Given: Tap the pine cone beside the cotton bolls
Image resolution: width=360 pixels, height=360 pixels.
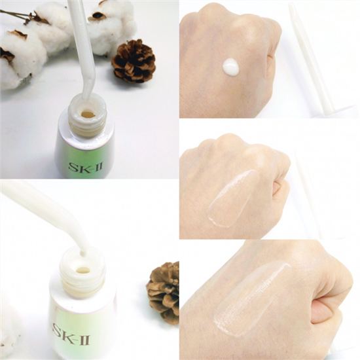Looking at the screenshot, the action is point(134,61).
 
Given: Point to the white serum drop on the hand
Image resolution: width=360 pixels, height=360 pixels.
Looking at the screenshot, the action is point(231,67).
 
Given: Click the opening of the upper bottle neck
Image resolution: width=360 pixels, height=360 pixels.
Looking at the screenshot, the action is point(88,113).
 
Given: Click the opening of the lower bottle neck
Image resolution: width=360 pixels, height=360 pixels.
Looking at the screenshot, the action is point(82,270).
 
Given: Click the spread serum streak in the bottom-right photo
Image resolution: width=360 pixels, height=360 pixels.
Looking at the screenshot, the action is point(251,298).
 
